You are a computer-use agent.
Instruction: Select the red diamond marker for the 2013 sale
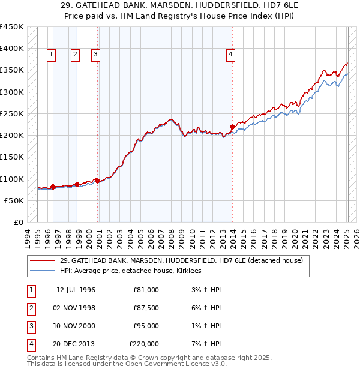pos(233,127)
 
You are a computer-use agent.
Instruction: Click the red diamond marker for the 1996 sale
pos(53,187)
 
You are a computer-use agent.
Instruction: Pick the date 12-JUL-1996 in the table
pos(76,290)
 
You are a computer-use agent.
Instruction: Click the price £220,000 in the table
pos(144,344)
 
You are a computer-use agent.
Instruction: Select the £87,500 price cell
pos(146,308)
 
